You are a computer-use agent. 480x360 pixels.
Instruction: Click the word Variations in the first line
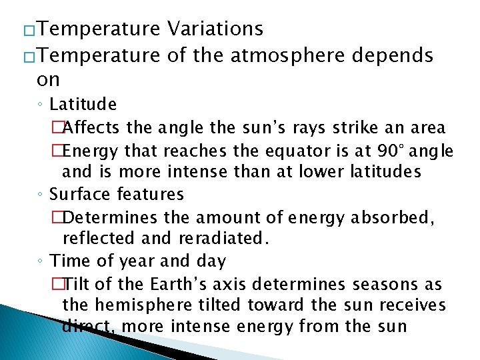click(215, 29)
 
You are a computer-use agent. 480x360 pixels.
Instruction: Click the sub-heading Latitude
click(83, 104)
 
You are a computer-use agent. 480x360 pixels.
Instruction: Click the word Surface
click(81, 195)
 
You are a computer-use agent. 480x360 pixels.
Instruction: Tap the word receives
click(414, 307)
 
